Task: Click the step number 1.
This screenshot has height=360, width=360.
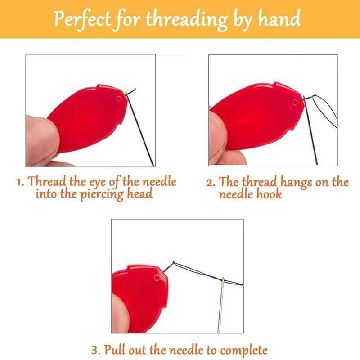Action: (x=19, y=183)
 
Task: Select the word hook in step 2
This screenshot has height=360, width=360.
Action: (x=270, y=194)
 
